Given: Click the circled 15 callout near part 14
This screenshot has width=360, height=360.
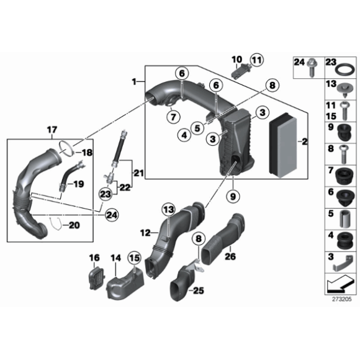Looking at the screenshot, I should [x=134, y=257].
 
